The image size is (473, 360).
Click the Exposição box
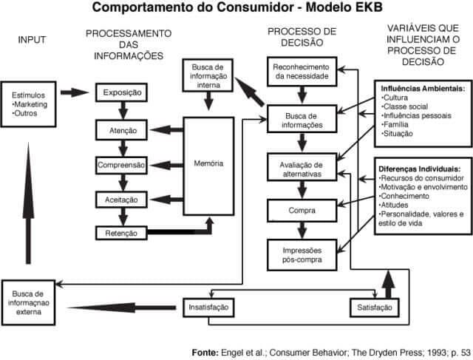123,93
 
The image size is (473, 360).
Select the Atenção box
123,131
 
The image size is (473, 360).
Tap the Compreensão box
123,165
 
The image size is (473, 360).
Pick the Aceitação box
123,199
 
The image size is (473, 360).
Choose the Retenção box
123,234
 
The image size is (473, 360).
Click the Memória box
208,163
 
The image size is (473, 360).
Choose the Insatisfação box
209,306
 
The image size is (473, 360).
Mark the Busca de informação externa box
30,298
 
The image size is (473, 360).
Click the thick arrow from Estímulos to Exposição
75,93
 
